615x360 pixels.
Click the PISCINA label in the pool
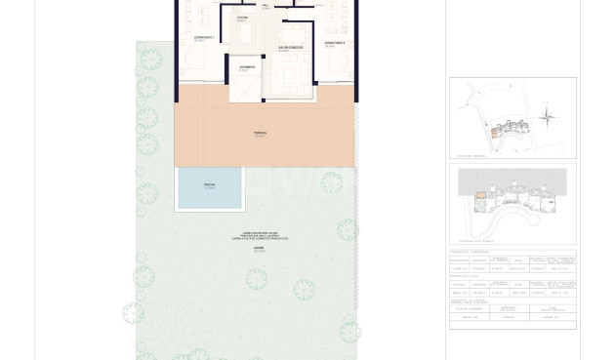209,186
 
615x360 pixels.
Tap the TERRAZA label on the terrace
260,134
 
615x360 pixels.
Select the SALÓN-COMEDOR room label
290,49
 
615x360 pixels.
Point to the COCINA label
242,19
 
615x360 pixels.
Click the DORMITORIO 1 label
204,39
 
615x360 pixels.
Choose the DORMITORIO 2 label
335,44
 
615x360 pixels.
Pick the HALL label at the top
266,6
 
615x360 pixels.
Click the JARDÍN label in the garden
259,249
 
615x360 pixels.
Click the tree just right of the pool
331,182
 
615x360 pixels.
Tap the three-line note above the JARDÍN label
261,236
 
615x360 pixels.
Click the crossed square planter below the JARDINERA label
245,89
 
